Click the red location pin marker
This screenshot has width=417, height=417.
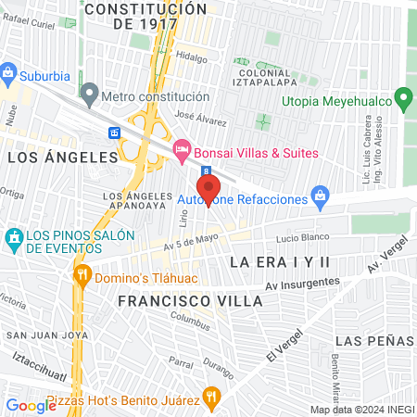(x=206, y=180)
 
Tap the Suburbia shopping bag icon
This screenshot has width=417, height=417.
(x=9, y=71)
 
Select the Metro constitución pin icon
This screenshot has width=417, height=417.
(x=89, y=93)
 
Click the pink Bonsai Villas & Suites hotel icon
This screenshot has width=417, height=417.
(x=182, y=149)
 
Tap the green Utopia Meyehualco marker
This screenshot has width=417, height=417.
(x=402, y=97)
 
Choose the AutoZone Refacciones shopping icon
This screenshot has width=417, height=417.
(x=320, y=196)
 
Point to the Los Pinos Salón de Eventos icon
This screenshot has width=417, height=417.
(x=13, y=239)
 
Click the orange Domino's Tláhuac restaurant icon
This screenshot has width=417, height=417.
(x=82, y=273)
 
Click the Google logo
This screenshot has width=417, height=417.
(x=31, y=404)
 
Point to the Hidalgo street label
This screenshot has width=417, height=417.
(x=192, y=57)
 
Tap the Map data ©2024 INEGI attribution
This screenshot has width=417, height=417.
(x=361, y=409)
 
